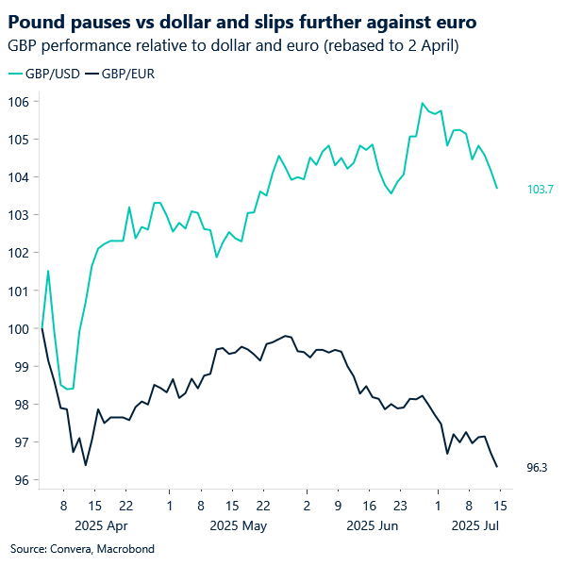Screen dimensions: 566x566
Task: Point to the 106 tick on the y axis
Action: [21, 101]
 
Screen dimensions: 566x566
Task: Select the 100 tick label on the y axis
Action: [21, 328]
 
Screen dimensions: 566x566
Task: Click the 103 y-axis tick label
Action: [21, 215]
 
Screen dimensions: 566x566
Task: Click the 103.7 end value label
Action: [540, 190]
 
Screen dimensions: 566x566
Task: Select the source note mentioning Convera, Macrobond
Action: [81, 548]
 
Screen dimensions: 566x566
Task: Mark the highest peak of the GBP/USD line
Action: [422, 103]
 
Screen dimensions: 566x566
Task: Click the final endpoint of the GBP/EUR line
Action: [497, 466]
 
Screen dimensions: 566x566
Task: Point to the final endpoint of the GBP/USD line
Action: [497, 188]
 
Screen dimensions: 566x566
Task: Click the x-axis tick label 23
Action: [398, 504]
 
